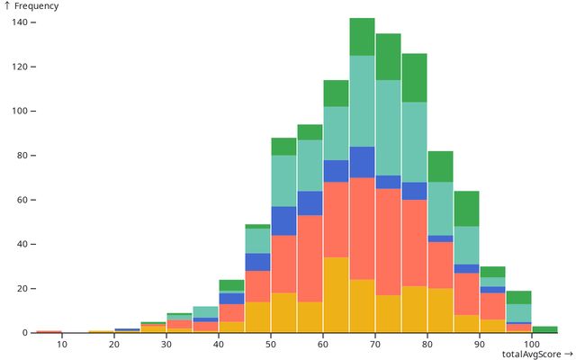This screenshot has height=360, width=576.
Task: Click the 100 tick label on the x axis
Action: click(531, 344)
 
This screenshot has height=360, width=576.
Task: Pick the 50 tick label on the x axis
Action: click(271, 344)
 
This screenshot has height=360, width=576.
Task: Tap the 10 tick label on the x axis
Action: click(62, 344)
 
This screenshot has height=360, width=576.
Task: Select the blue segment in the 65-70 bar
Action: click(362, 162)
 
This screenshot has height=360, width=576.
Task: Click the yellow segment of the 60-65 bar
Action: click(336, 295)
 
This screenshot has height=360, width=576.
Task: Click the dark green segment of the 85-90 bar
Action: click(466, 209)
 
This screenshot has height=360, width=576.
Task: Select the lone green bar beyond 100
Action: click(544, 329)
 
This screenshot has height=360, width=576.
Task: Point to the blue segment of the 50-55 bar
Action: click(283, 221)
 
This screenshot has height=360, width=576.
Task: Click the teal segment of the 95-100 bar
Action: click(518, 312)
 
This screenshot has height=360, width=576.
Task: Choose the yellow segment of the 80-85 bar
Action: click(440, 310)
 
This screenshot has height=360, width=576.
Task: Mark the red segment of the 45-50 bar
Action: click(257, 286)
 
